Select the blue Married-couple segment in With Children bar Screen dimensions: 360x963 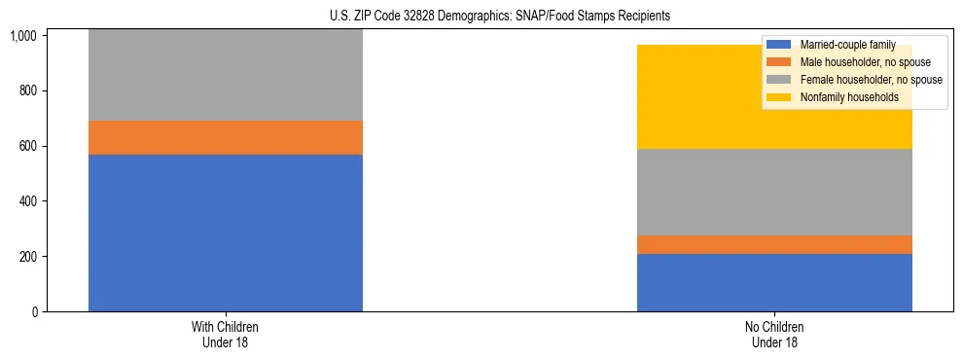pyautogui.click(x=226, y=234)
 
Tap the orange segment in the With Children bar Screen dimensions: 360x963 pyautogui.click(x=226, y=138)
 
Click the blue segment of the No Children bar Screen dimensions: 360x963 pyautogui.click(x=774, y=283)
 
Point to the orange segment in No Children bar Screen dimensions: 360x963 pyautogui.click(x=774, y=245)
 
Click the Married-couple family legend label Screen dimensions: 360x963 pyautogui.click(x=847, y=45)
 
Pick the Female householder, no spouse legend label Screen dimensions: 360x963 pyautogui.click(x=871, y=80)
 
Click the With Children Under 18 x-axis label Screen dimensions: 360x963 pyautogui.click(x=226, y=335)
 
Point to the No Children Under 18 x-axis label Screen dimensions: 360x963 pyautogui.click(x=774, y=335)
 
